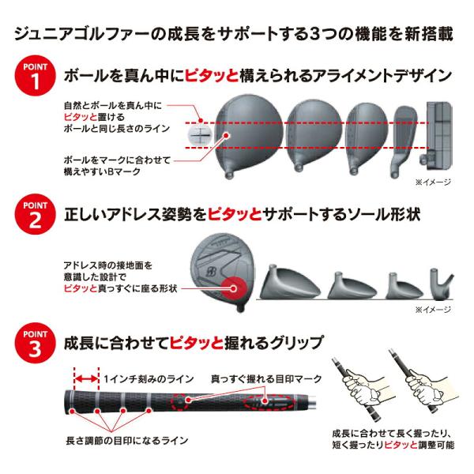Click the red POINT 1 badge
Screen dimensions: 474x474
(35, 76)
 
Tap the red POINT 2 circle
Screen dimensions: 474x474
(35, 214)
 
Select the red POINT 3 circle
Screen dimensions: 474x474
(35, 343)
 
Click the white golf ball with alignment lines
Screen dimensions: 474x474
(201, 135)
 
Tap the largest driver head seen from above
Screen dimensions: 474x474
(249, 136)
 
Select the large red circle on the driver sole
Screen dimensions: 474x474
(233, 288)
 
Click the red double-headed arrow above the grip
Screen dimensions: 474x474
(87, 378)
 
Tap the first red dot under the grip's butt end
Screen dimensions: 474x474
(72, 411)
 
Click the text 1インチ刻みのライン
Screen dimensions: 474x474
(149, 378)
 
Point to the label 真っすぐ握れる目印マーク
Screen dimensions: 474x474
(266, 378)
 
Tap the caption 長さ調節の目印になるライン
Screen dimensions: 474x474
(127, 441)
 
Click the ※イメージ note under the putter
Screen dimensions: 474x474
(433, 182)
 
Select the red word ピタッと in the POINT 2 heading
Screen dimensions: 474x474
(235, 215)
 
